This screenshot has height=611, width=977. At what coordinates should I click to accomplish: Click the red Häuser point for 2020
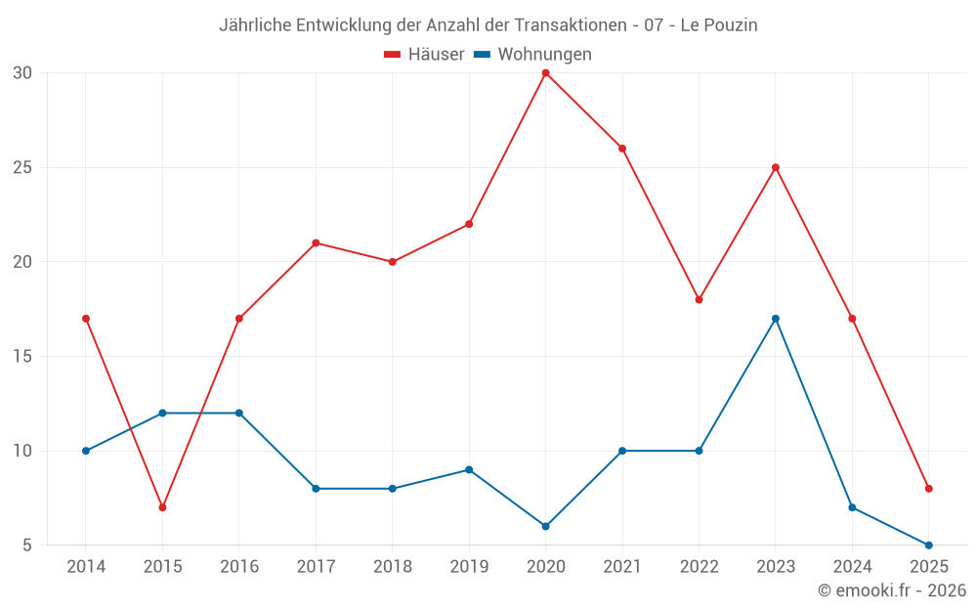545,72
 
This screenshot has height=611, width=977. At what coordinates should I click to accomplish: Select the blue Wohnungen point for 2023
776,319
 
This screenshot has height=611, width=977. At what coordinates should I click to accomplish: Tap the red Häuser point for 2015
162,507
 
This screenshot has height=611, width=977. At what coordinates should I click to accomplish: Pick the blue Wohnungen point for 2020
545,526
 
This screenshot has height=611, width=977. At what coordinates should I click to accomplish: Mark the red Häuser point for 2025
929,489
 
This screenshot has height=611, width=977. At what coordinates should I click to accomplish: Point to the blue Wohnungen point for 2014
86,451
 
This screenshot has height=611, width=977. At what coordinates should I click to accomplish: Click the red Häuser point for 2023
776,167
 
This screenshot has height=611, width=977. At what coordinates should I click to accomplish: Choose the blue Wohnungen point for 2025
929,546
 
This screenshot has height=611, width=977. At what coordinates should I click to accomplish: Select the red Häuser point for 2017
316,242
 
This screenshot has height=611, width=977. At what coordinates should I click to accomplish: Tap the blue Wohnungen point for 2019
469,469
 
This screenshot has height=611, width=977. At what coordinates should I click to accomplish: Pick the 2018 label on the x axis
392,567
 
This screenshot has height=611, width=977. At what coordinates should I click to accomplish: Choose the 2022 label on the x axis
699,567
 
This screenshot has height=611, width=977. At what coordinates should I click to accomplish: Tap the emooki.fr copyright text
892,590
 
